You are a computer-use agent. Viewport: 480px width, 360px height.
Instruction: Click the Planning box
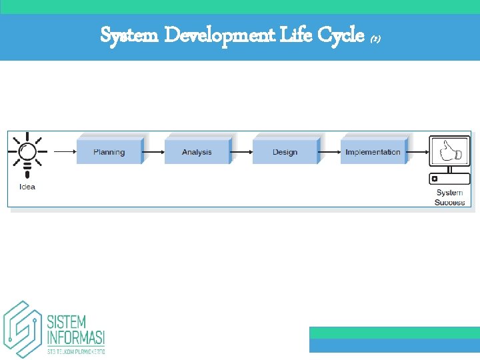pyautogui.click(x=109, y=151)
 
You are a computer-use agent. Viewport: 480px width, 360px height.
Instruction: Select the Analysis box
pyautogui.click(x=197, y=151)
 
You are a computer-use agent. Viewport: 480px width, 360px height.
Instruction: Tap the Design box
pyautogui.click(x=285, y=151)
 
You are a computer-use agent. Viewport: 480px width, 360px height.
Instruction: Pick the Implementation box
pyautogui.click(x=373, y=151)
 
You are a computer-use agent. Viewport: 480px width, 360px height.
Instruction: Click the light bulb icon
pyautogui.click(x=27, y=153)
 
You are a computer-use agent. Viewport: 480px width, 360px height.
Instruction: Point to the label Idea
pyautogui.click(x=27, y=187)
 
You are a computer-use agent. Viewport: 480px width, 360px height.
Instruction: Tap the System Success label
pyautogui.click(x=449, y=197)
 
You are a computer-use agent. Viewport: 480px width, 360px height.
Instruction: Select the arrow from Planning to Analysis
pyautogui.click(x=153, y=152)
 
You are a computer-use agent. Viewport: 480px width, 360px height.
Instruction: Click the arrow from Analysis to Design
pyautogui.click(x=241, y=152)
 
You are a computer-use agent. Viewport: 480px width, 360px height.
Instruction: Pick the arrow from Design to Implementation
pyautogui.click(x=329, y=152)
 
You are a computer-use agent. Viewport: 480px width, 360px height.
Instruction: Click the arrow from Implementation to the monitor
pyautogui.click(x=417, y=152)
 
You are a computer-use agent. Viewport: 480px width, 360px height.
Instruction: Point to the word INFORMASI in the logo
pyautogui.click(x=75, y=337)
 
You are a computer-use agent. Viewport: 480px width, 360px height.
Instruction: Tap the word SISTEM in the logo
pyautogui.click(x=67, y=321)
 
